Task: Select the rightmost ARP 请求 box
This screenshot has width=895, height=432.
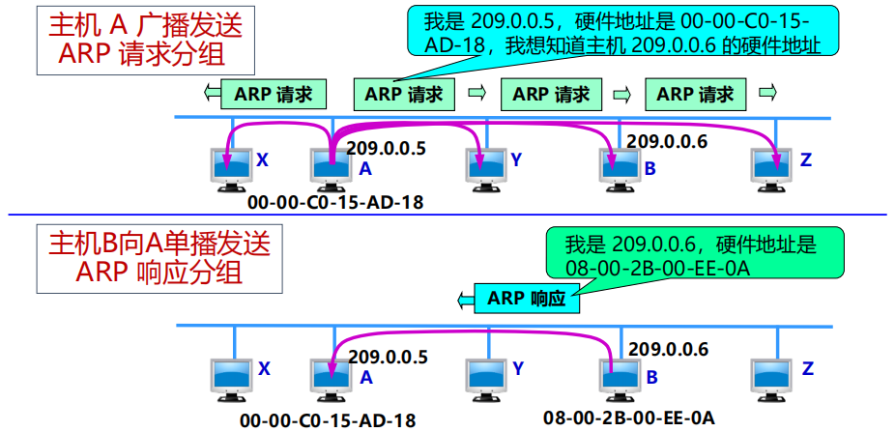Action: (701, 94)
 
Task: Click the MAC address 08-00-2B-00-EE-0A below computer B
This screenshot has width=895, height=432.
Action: (628, 418)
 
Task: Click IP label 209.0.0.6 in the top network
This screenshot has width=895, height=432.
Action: (667, 141)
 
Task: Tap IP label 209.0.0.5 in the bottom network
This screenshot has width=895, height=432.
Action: (387, 357)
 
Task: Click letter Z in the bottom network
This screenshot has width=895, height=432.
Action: (807, 368)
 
